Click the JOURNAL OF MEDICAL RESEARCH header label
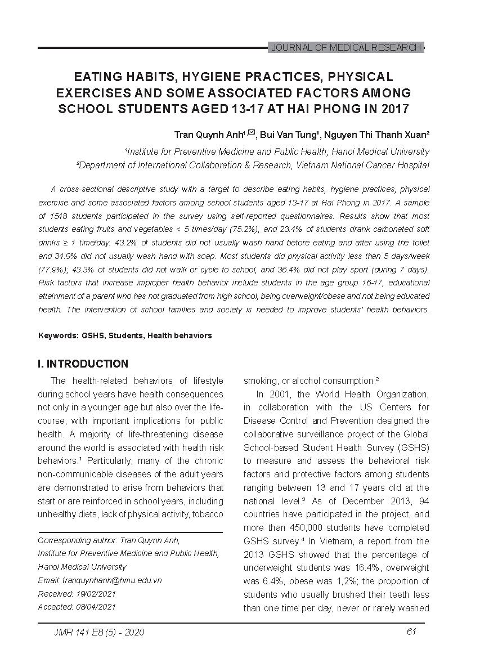346,48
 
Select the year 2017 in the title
392,109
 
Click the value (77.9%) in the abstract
53,270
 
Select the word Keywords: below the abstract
58,335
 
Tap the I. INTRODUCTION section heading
83,364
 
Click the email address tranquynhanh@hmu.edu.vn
110,580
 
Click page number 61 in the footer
410,632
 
